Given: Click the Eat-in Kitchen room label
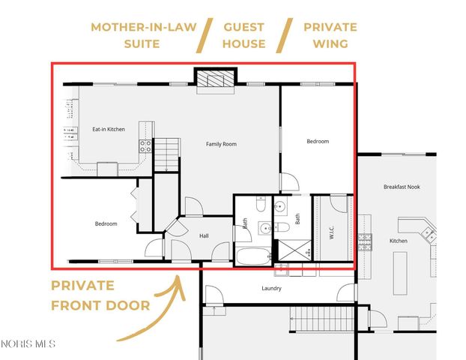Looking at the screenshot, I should [x=108, y=130].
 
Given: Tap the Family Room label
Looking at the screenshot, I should [x=221, y=143].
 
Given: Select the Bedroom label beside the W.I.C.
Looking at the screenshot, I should [x=318, y=141].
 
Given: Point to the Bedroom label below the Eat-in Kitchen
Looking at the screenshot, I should [x=106, y=223].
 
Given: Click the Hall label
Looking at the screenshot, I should [x=204, y=235].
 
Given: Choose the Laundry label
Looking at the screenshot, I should [x=272, y=287].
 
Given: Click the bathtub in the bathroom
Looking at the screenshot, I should [x=254, y=256].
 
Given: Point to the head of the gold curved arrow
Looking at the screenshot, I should [x=178, y=279].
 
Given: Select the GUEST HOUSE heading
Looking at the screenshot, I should [x=243, y=35].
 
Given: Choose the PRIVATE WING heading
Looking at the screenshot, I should [x=330, y=35].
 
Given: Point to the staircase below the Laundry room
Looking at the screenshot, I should [x=319, y=320].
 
